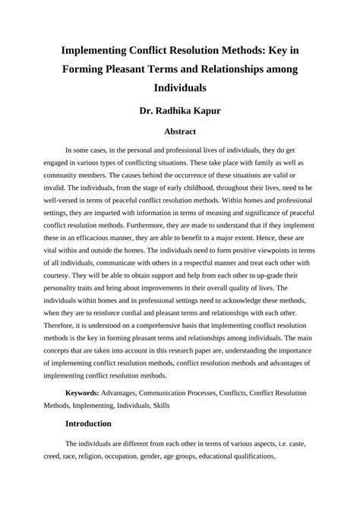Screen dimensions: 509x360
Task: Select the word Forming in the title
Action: coord(85,68)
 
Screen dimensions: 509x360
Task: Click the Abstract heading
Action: coord(180,131)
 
